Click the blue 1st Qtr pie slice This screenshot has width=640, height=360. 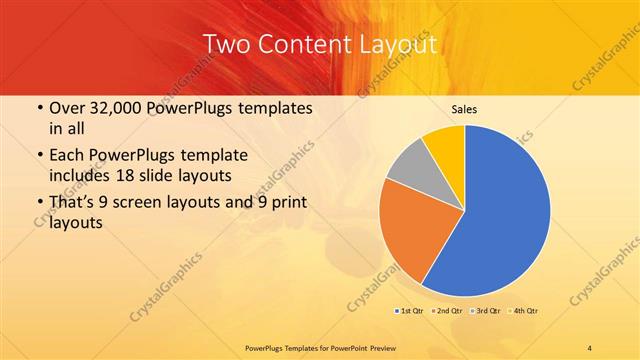(500, 210)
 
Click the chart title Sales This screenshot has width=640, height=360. (464, 109)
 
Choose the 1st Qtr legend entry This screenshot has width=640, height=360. (410, 311)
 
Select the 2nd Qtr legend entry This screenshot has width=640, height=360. (448, 311)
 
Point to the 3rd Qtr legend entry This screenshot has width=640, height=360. (487, 311)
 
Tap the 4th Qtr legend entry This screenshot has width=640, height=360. (525, 311)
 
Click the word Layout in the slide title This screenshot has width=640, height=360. (394, 44)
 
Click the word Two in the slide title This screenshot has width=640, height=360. (227, 44)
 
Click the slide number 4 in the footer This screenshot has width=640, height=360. (589, 346)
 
